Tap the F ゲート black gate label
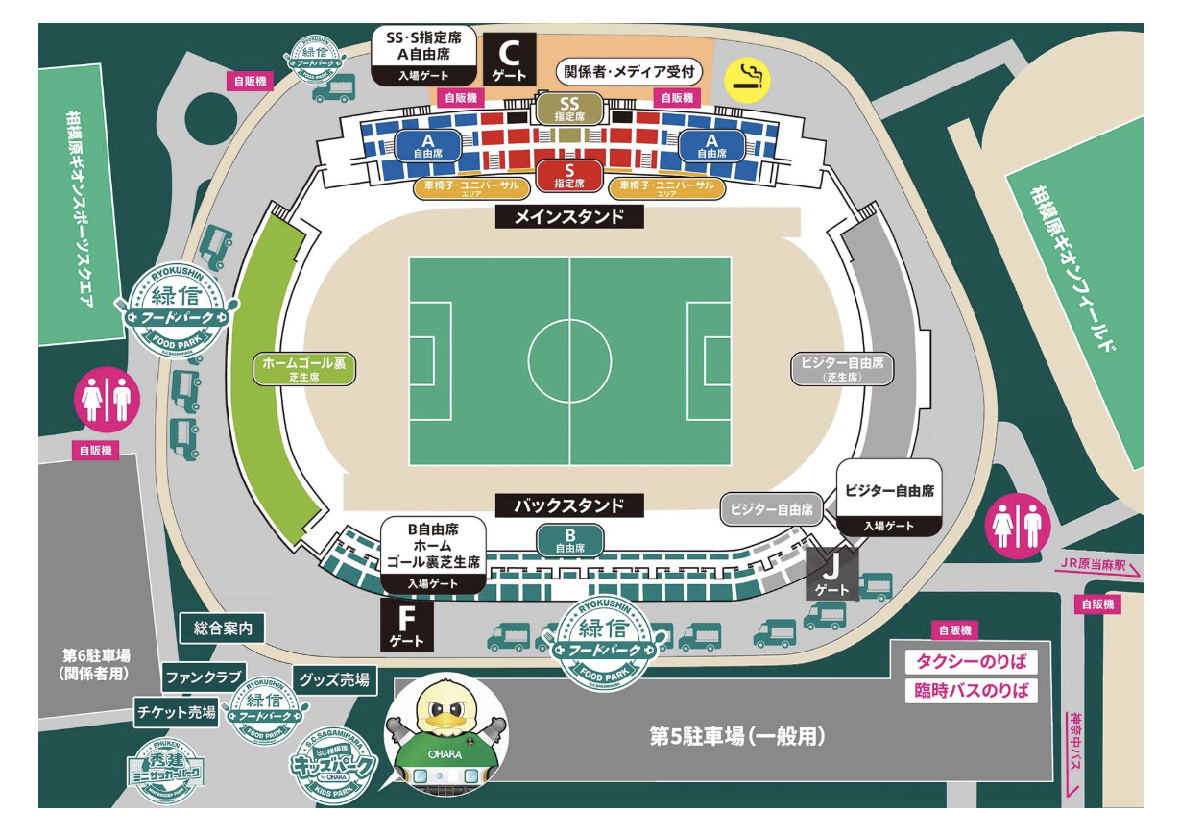pyautogui.click(x=408, y=625)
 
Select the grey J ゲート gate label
pyautogui.click(x=831, y=574)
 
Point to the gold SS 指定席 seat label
pyautogui.click(x=569, y=108)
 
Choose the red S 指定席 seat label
pyautogui.click(x=568, y=174)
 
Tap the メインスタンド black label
pyautogui.click(x=569, y=217)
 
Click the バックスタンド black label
pyautogui.click(x=569, y=505)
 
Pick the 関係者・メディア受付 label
pyautogui.click(x=630, y=72)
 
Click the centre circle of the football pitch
pyautogui.click(x=569, y=360)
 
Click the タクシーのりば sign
pyautogui.click(x=971, y=661)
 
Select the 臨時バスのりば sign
pyautogui.click(x=971, y=690)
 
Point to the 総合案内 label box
pyautogui.click(x=222, y=629)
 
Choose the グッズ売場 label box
pyautogui.click(x=332, y=680)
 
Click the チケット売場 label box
pyautogui.click(x=175, y=712)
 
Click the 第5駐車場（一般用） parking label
pyautogui.click(x=736, y=737)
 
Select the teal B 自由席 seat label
pyautogui.click(x=569, y=542)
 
